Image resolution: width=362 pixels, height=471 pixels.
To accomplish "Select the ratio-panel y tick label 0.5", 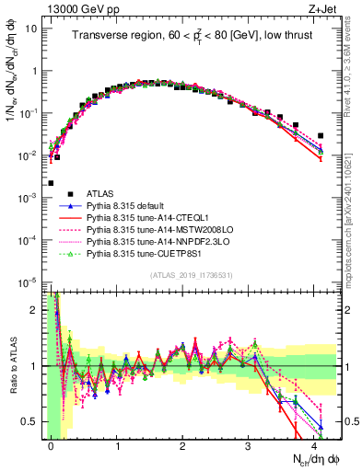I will (33, 421).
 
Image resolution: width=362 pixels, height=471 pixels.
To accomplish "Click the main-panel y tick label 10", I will (31, 28).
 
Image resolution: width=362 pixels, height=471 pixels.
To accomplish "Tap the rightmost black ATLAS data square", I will (321, 136).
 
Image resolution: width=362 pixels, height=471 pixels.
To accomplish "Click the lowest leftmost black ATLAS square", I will (51, 183).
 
